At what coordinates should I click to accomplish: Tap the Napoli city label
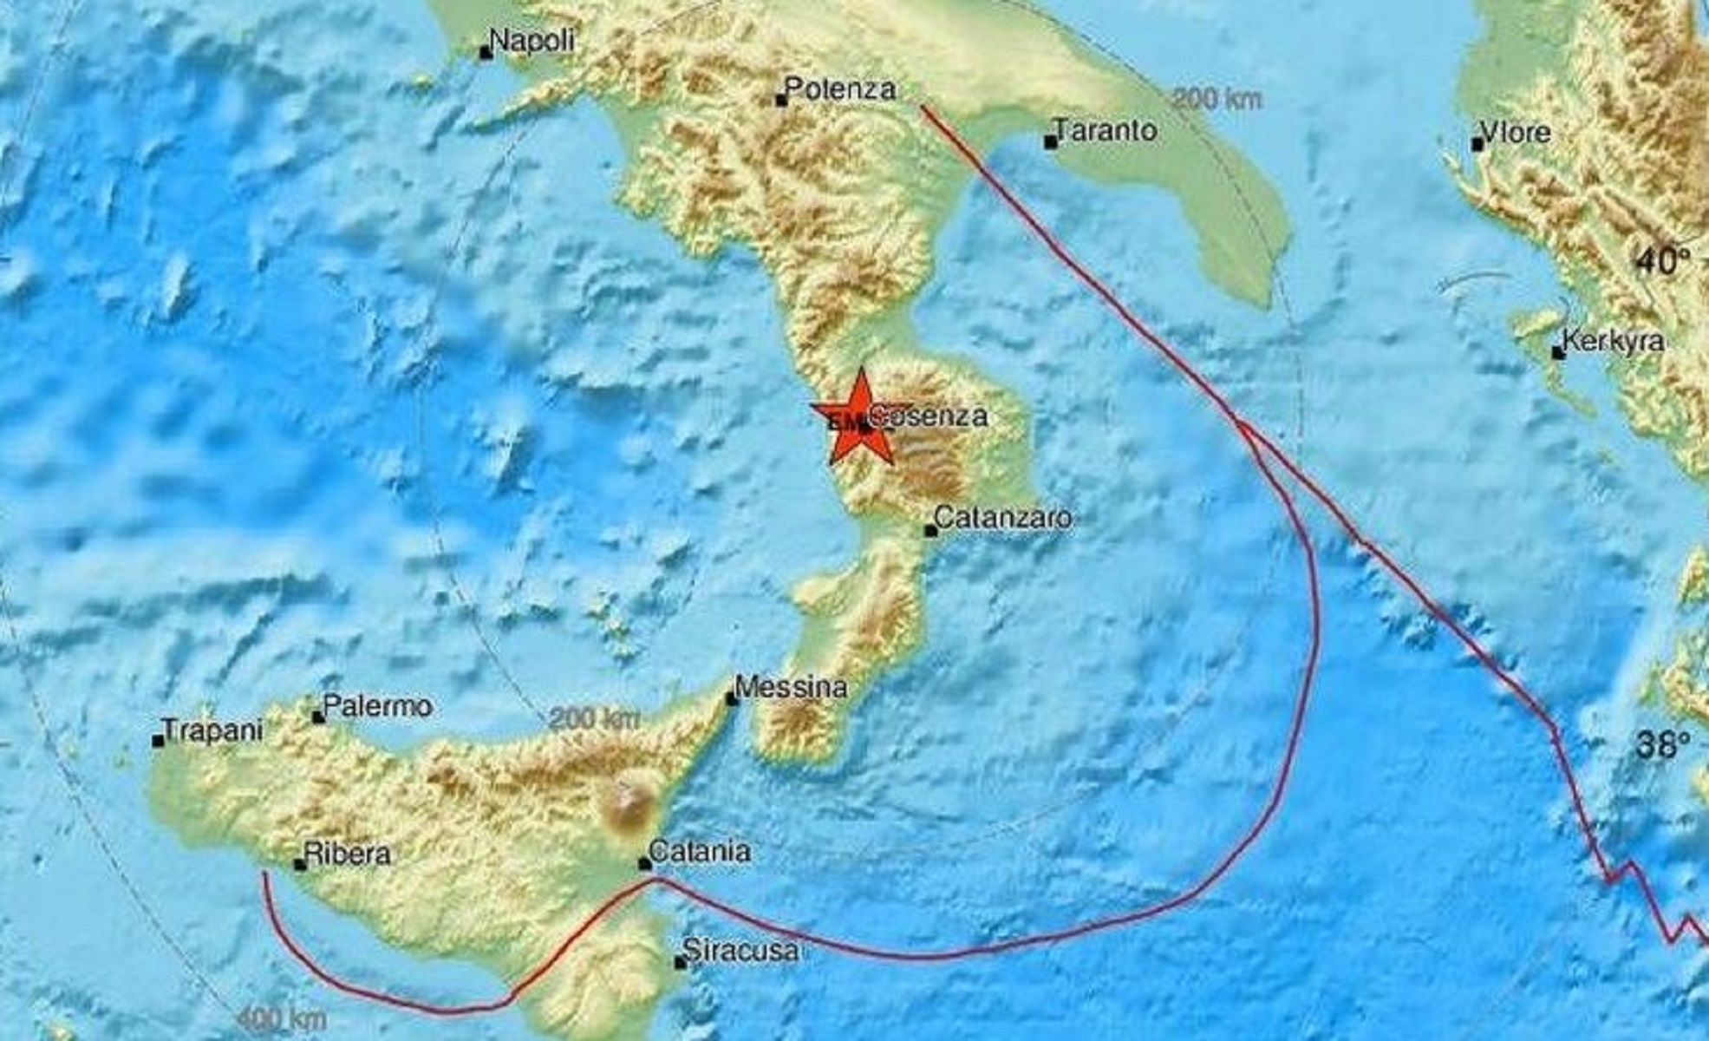point(532,41)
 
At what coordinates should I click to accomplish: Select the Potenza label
point(840,88)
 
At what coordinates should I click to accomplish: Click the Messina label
point(791,688)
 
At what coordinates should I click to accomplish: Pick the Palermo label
point(378,706)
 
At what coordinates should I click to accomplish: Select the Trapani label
point(213,731)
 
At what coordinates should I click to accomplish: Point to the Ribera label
point(348,854)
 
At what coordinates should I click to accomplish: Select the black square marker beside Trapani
point(158,742)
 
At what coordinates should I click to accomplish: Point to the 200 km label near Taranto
point(1217,99)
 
